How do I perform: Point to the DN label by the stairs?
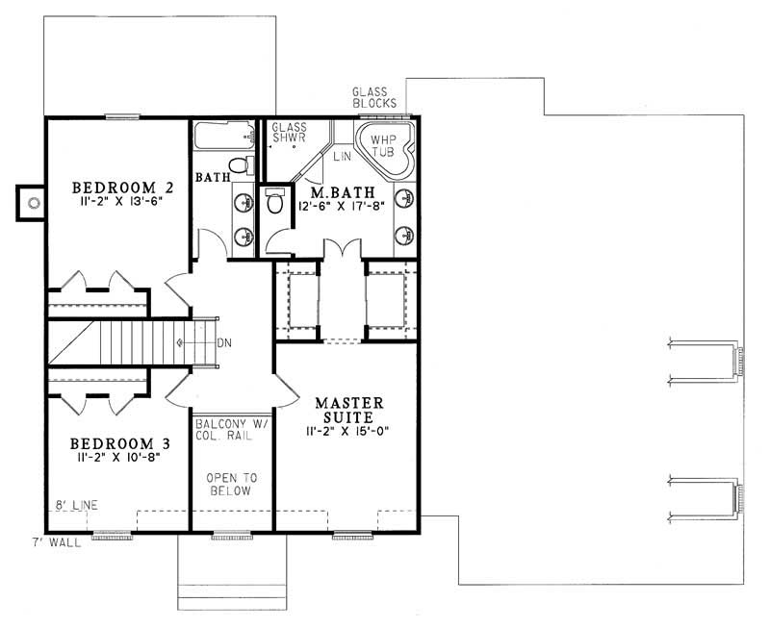click(223, 343)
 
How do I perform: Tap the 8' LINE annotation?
click(76, 504)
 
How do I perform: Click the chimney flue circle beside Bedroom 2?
click(34, 202)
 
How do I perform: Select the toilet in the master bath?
click(275, 202)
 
